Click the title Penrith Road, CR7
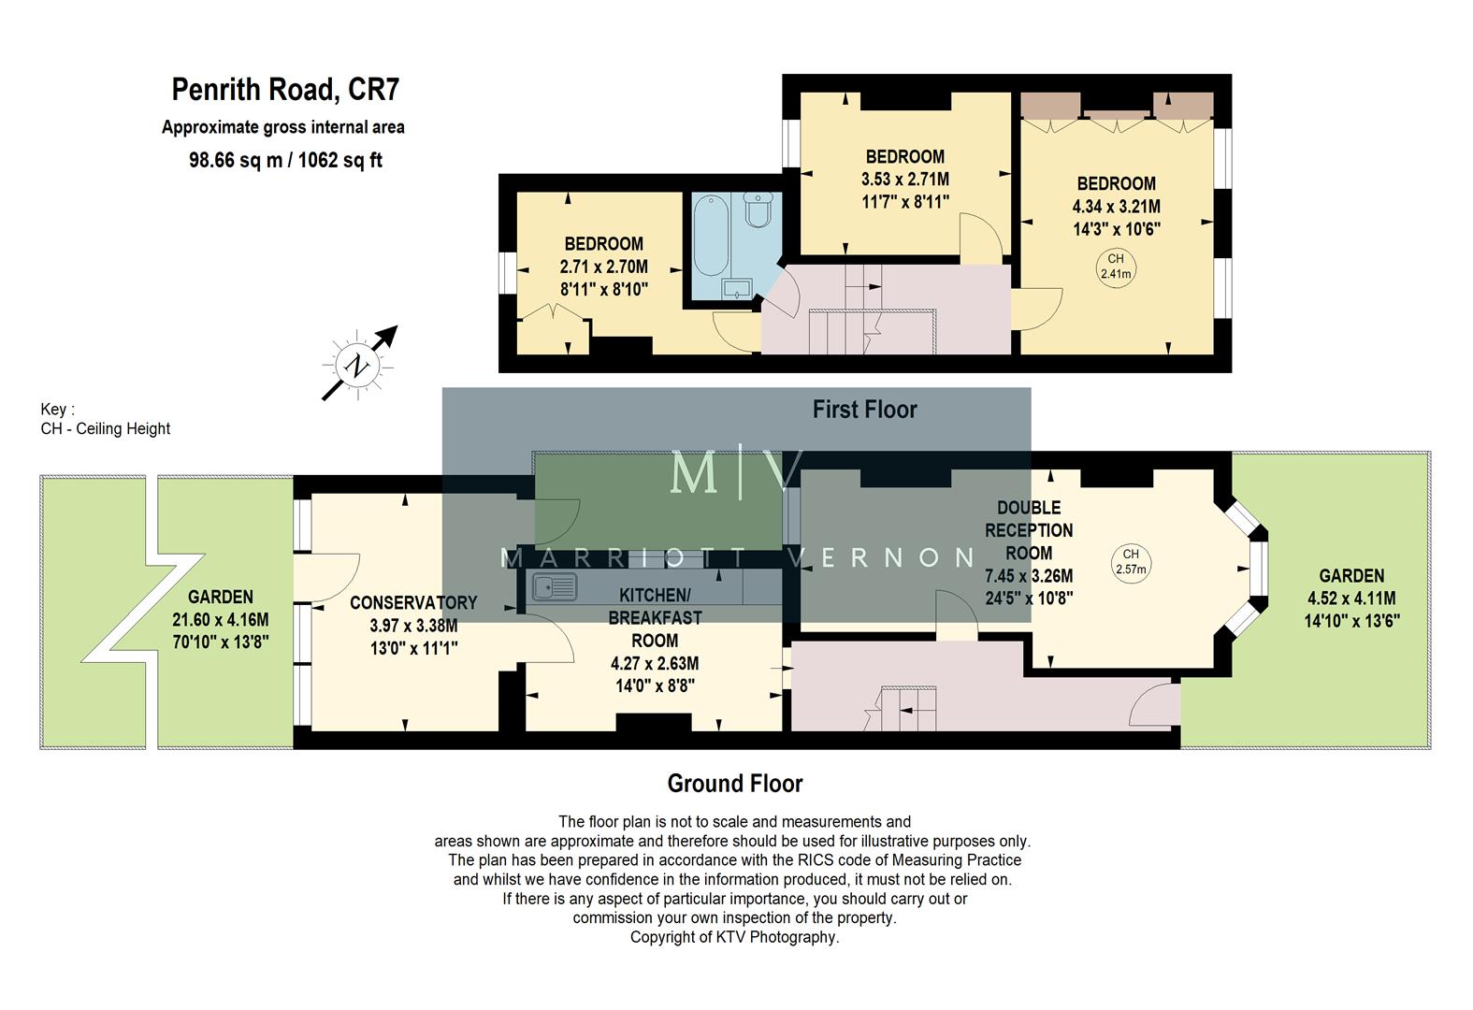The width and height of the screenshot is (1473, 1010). pyautogui.click(x=285, y=90)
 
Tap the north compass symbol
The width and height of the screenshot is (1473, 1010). pyautogui.click(x=358, y=364)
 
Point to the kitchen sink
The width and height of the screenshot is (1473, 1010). pyautogui.click(x=554, y=588)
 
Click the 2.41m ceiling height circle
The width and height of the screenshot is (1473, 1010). pyautogui.click(x=1115, y=267)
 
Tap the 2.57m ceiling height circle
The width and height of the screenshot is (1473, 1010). pyautogui.click(x=1130, y=561)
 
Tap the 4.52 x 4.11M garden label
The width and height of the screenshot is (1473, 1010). pyautogui.click(x=1351, y=598)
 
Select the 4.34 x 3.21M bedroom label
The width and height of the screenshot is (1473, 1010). pyautogui.click(x=1116, y=206)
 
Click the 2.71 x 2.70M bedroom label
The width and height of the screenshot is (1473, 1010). pyautogui.click(x=603, y=267)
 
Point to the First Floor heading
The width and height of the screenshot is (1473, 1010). pyautogui.click(x=864, y=410)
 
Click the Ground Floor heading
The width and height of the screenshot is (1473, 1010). pyautogui.click(x=734, y=784)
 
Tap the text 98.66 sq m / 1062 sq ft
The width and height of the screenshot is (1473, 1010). pyautogui.click(x=285, y=160)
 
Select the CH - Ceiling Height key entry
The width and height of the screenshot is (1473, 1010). pyautogui.click(x=106, y=428)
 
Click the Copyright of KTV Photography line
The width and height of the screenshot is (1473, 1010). pyautogui.click(x=734, y=937)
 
